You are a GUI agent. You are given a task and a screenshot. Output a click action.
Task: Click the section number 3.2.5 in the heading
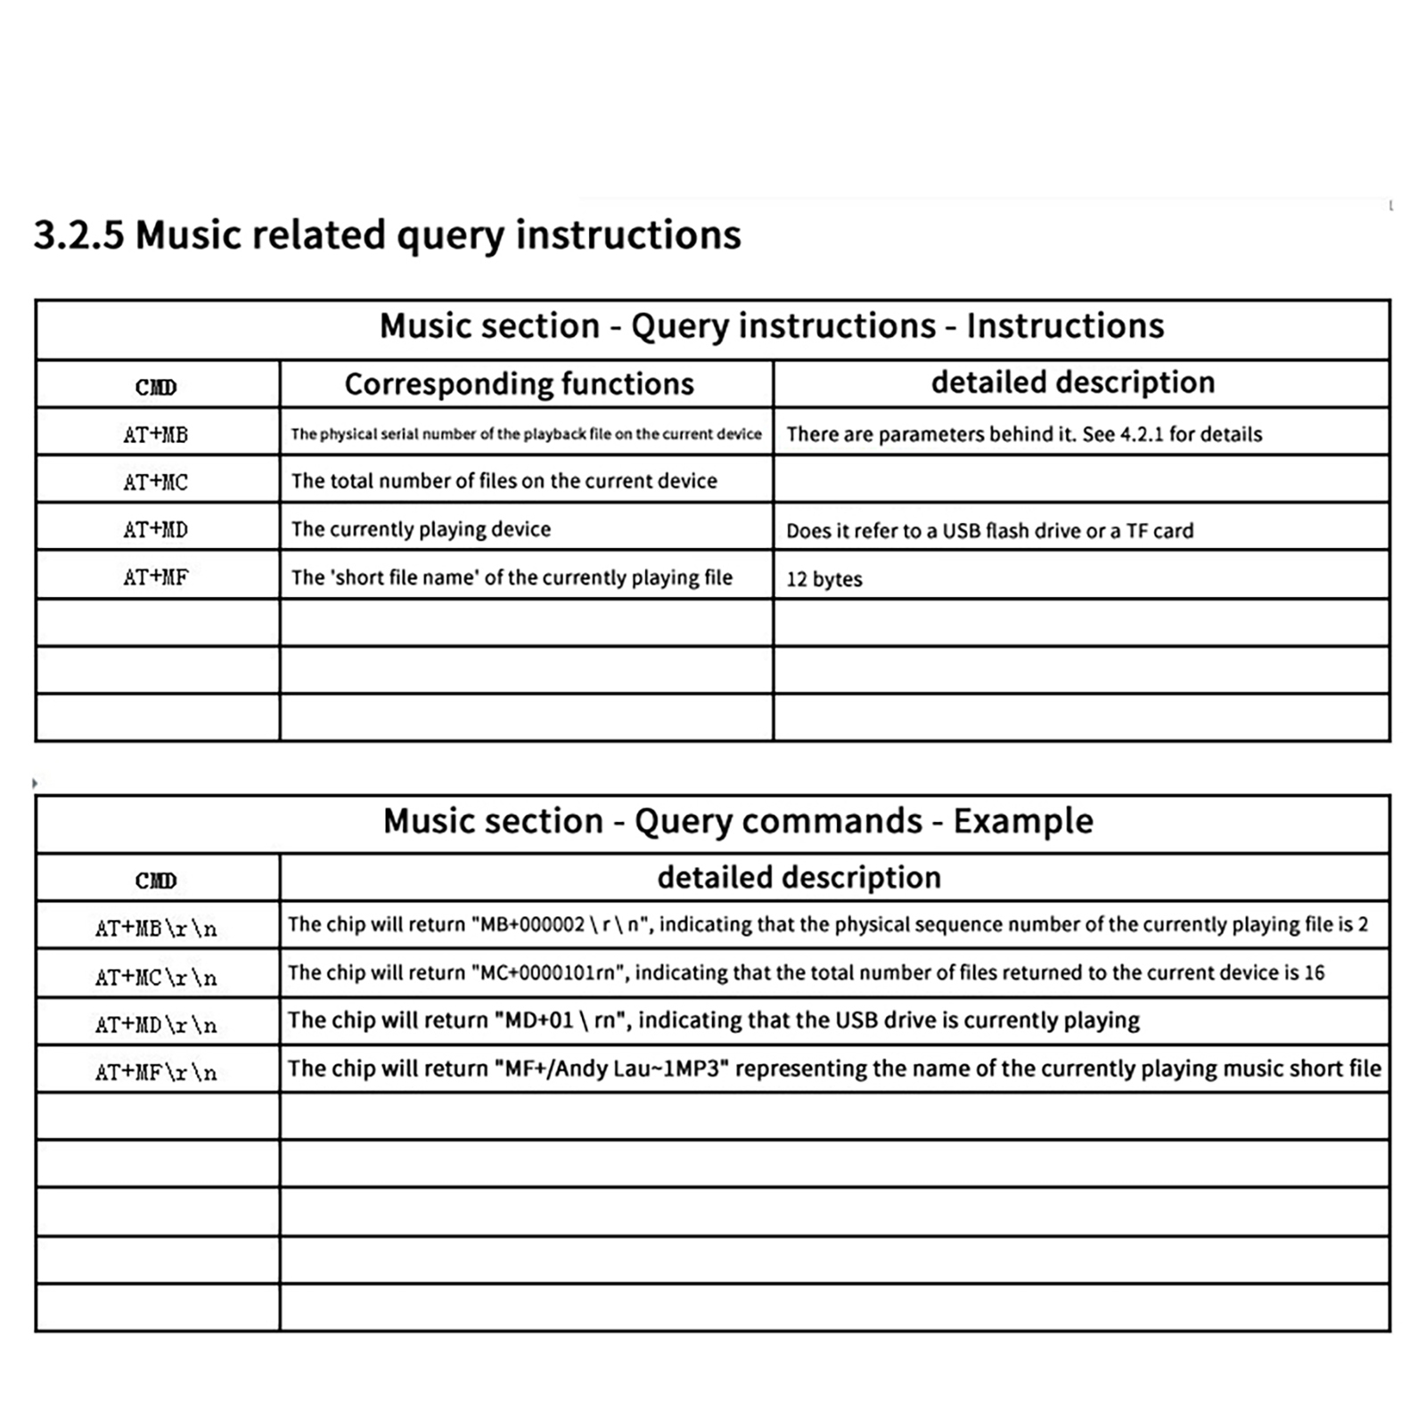[78, 235]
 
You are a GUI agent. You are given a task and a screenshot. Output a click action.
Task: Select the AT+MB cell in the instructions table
[156, 435]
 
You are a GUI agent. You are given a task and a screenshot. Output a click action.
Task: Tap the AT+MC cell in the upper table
[156, 482]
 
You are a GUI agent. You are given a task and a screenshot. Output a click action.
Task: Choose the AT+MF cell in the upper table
[156, 578]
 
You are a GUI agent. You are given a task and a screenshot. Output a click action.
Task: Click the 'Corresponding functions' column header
[519, 384]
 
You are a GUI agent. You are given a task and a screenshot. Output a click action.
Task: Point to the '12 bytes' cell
[824, 579]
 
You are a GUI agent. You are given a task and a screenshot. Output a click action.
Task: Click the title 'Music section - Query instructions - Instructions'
[772, 326]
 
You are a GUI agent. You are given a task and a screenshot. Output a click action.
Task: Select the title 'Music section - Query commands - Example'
[738, 821]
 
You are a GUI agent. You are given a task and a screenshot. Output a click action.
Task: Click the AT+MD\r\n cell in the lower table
[156, 1025]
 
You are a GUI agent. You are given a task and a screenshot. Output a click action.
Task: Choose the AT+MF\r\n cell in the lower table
[156, 1072]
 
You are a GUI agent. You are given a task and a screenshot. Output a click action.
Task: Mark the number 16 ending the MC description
[1314, 972]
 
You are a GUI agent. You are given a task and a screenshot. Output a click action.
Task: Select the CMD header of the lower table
[156, 881]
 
